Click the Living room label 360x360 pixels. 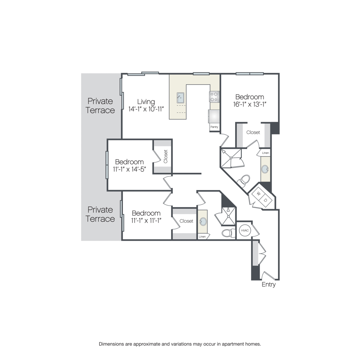146,102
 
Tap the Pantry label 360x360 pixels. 214,127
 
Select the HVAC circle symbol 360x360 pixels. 245,230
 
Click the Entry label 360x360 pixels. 269,284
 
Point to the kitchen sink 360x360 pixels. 180,98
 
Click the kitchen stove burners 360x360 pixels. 214,97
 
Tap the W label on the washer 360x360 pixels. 259,194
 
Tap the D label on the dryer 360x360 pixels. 266,200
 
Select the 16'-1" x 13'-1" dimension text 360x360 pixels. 250,104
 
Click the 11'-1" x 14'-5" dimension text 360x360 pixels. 130,170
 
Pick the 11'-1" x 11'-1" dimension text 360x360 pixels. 146,221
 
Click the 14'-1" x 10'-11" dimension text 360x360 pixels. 146,109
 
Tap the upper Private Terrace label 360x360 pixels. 100,106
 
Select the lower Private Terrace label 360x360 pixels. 100,214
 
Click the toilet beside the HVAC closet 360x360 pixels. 229,233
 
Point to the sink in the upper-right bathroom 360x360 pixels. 265,169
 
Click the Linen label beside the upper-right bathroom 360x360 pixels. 266,153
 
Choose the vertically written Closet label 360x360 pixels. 166,156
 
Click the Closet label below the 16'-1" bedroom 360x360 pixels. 253,132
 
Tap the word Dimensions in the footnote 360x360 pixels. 112,344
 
